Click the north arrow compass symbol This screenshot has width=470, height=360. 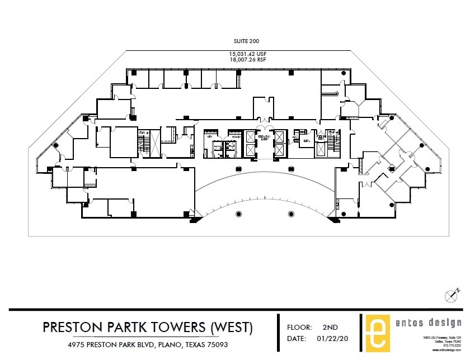coord(452,295)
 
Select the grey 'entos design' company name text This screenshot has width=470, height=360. coord(431,323)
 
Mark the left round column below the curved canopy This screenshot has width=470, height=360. coord(239,214)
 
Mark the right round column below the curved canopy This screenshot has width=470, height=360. coord(290,214)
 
